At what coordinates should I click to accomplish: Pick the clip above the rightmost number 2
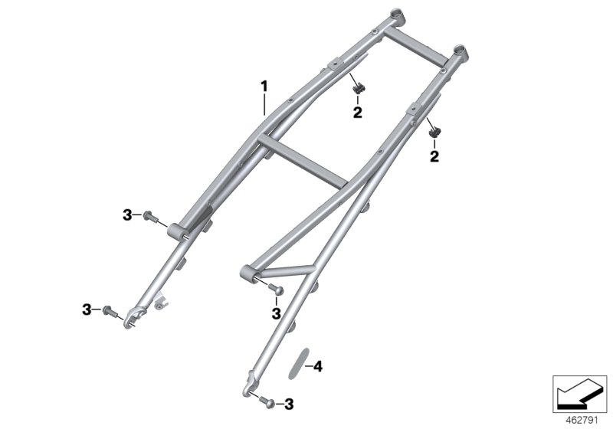[435, 131]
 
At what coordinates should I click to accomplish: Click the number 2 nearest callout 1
[357, 113]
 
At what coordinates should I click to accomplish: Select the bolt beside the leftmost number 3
[110, 310]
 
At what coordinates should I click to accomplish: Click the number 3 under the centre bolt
[275, 313]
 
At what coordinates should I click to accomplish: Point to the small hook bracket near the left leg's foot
[159, 302]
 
